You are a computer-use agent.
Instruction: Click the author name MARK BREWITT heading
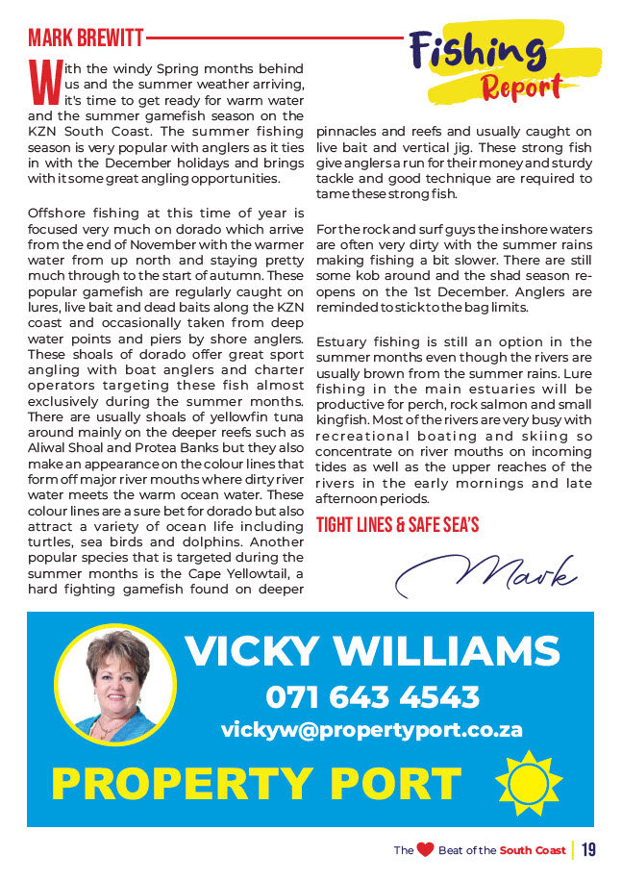coord(86,38)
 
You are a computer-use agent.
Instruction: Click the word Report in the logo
coord(521,87)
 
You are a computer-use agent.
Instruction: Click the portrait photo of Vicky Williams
coord(115,683)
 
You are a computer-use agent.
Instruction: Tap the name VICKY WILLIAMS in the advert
coord(372,650)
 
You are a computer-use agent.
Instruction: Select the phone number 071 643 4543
coord(372,695)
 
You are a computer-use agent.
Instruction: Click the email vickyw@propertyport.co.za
coord(372,730)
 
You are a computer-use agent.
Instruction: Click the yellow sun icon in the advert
coord(527,782)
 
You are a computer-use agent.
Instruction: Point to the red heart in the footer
coord(425,850)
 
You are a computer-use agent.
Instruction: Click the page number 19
coord(588,850)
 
